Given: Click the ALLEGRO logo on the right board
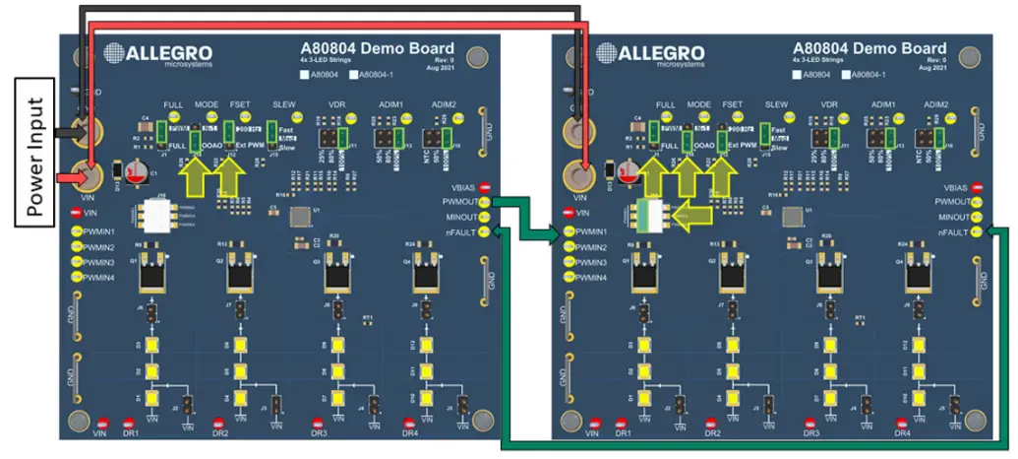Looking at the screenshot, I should click(x=645, y=54).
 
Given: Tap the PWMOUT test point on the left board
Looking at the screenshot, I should click(x=484, y=202).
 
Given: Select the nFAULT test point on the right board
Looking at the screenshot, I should click(x=976, y=232).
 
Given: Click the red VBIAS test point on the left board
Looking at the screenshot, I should click(x=484, y=187).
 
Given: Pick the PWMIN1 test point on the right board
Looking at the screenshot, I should click(x=569, y=232).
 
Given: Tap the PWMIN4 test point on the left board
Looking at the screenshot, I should click(x=77, y=278).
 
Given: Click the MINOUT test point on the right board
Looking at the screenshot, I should click(x=976, y=217).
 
